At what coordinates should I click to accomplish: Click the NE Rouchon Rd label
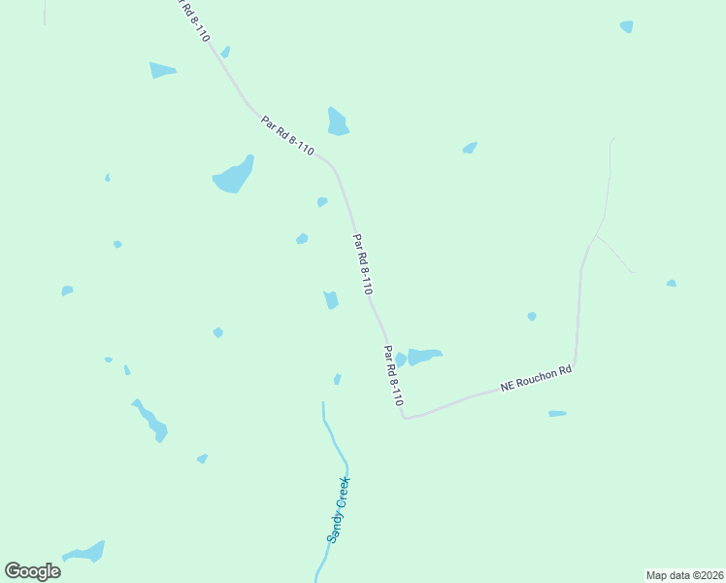pyautogui.click(x=536, y=378)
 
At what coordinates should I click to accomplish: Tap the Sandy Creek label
pyautogui.click(x=337, y=508)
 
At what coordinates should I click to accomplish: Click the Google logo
pyautogui.click(x=32, y=571)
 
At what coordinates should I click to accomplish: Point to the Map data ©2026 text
pyautogui.click(x=684, y=574)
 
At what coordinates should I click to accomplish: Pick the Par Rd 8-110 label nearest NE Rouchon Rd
pyautogui.click(x=393, y=375)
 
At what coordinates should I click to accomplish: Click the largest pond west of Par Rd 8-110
pyautogui.click(x=233, y=176)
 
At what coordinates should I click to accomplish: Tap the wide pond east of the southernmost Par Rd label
pyautogui.click(x=424, y=356)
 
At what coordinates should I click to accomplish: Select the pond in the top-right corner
pyautogui.click(x=627, y=26)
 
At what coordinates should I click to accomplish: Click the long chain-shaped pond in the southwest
pyautogui.click(x=150, y=421)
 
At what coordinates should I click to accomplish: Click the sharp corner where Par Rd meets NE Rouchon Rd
pyautogui.click(x=404, y=418)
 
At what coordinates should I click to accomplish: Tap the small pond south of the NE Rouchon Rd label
pyautogui.click(x=557, y=414)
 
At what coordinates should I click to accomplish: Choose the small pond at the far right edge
pyautogui.click(x=671, y=283)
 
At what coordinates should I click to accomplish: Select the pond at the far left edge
pyautogui.click(x=67, y=291)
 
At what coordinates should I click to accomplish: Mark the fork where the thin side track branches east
pyautogui.click(x=595, y=236)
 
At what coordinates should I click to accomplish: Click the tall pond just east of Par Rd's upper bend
pyautogui.click(x=337, y=122)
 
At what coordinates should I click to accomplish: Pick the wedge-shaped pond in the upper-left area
pyautogui.click(x=162, y=70)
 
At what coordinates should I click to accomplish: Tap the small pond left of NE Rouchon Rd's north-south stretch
pyautogui.click(x=532, y=316)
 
